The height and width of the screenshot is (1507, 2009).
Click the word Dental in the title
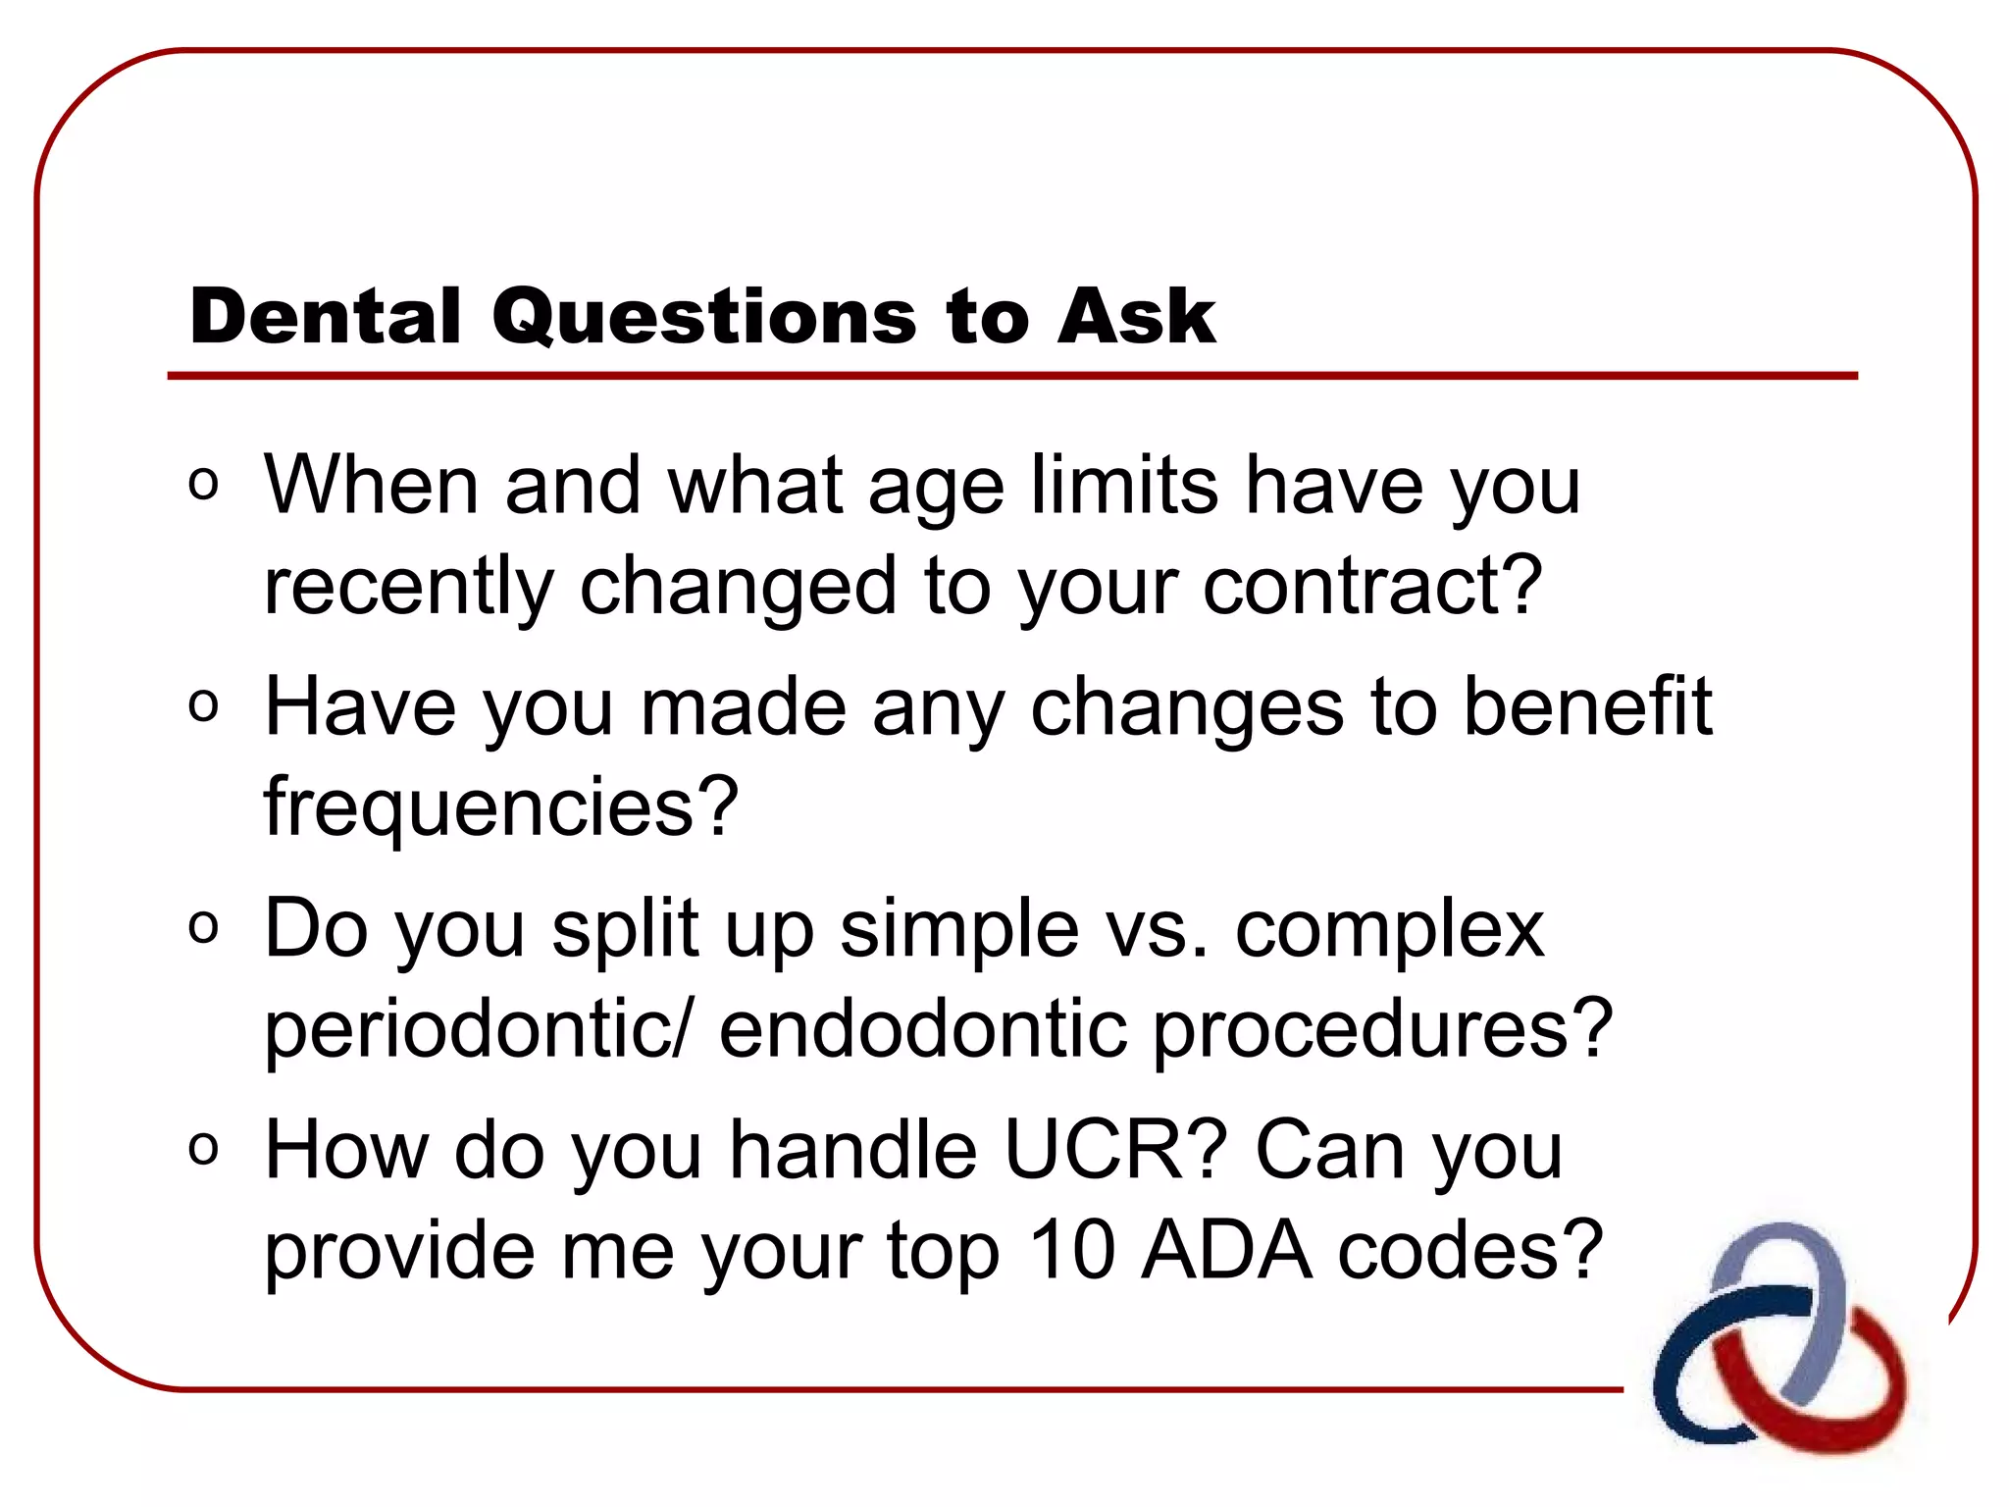[325, 317]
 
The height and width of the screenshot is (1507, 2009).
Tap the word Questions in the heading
[704, 317]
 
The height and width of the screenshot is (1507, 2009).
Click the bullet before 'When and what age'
[203, 484]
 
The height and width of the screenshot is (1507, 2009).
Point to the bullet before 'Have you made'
[203, 705]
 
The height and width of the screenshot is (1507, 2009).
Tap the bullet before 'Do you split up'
[203, 927]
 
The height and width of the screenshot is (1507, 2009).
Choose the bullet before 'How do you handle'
[203, 1148]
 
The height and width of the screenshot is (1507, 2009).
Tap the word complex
[1388, 930]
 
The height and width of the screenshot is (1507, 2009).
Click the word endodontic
[922, 1030]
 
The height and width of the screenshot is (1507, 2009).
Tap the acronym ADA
[1226, 1251]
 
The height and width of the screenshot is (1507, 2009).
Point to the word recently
[409, 587]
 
